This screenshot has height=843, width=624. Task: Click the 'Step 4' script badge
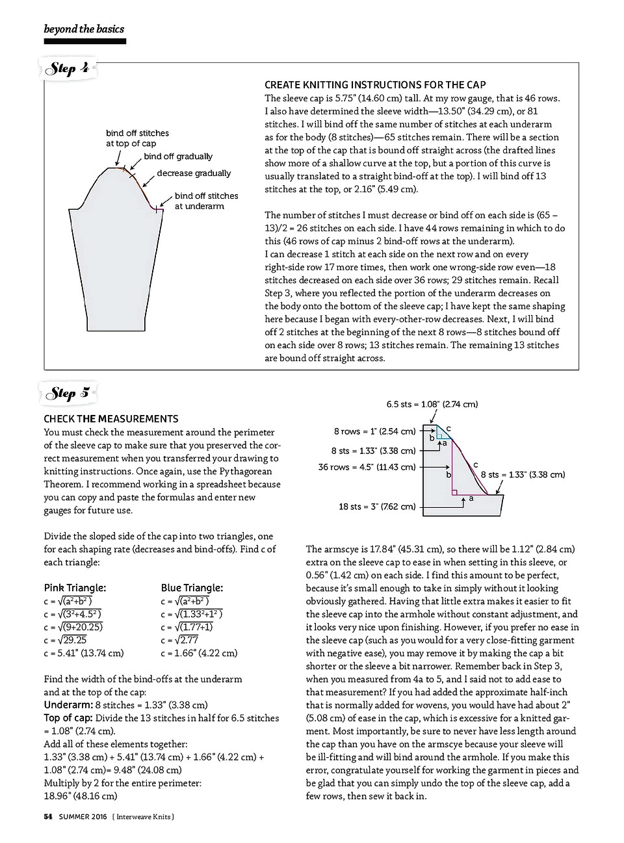coord(69,69)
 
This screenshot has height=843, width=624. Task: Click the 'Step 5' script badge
coord(69,393)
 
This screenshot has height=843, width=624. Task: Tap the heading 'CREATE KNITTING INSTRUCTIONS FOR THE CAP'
coord(375,85)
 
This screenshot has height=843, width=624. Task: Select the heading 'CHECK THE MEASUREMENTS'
coord(111,419)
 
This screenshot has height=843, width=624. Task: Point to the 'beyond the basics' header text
coord(84,29)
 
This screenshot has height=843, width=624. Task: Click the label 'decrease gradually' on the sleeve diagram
coord(194,173)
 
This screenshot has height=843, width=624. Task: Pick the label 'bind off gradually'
coord(178,157)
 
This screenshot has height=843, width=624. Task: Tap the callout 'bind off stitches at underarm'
coord(206,201)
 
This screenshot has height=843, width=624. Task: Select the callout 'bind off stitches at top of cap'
coord(137,138)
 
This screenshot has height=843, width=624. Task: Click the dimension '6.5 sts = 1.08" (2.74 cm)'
coord(432,405)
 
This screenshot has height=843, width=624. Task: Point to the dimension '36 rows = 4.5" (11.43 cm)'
coord(367,467)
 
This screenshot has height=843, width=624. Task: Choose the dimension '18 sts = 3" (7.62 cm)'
coord(376,507)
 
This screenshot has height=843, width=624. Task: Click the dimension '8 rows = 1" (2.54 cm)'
coord(374,431)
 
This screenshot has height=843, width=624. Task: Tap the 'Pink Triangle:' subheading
coord(75,588)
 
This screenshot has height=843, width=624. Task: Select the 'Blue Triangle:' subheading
coord(192,588)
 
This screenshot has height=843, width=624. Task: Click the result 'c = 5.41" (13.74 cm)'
coord(84,653)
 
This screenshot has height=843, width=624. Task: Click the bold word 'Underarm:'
coord(68,705)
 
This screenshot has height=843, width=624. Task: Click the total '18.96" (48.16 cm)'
coord(81,796)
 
